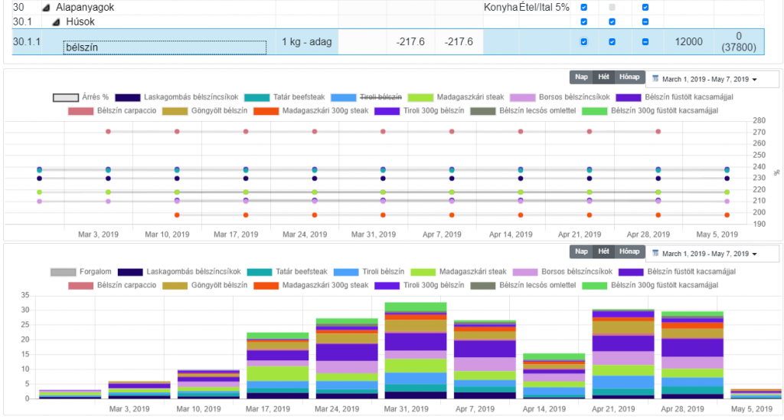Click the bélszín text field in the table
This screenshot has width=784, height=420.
(x=165, y=47)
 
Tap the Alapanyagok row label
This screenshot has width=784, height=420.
(x=84, y=7)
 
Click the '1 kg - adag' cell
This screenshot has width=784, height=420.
(x=307, y=41)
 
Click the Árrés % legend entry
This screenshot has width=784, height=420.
(x=80, y=97)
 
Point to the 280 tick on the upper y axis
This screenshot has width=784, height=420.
(x=759, y=121)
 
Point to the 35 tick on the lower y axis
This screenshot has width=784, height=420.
(x=24, y=295)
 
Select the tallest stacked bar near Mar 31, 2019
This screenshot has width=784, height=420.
(x=416, y=349)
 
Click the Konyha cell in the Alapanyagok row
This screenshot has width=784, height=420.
(x=500, y=7)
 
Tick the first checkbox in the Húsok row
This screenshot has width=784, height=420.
(x=584, y=21)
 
